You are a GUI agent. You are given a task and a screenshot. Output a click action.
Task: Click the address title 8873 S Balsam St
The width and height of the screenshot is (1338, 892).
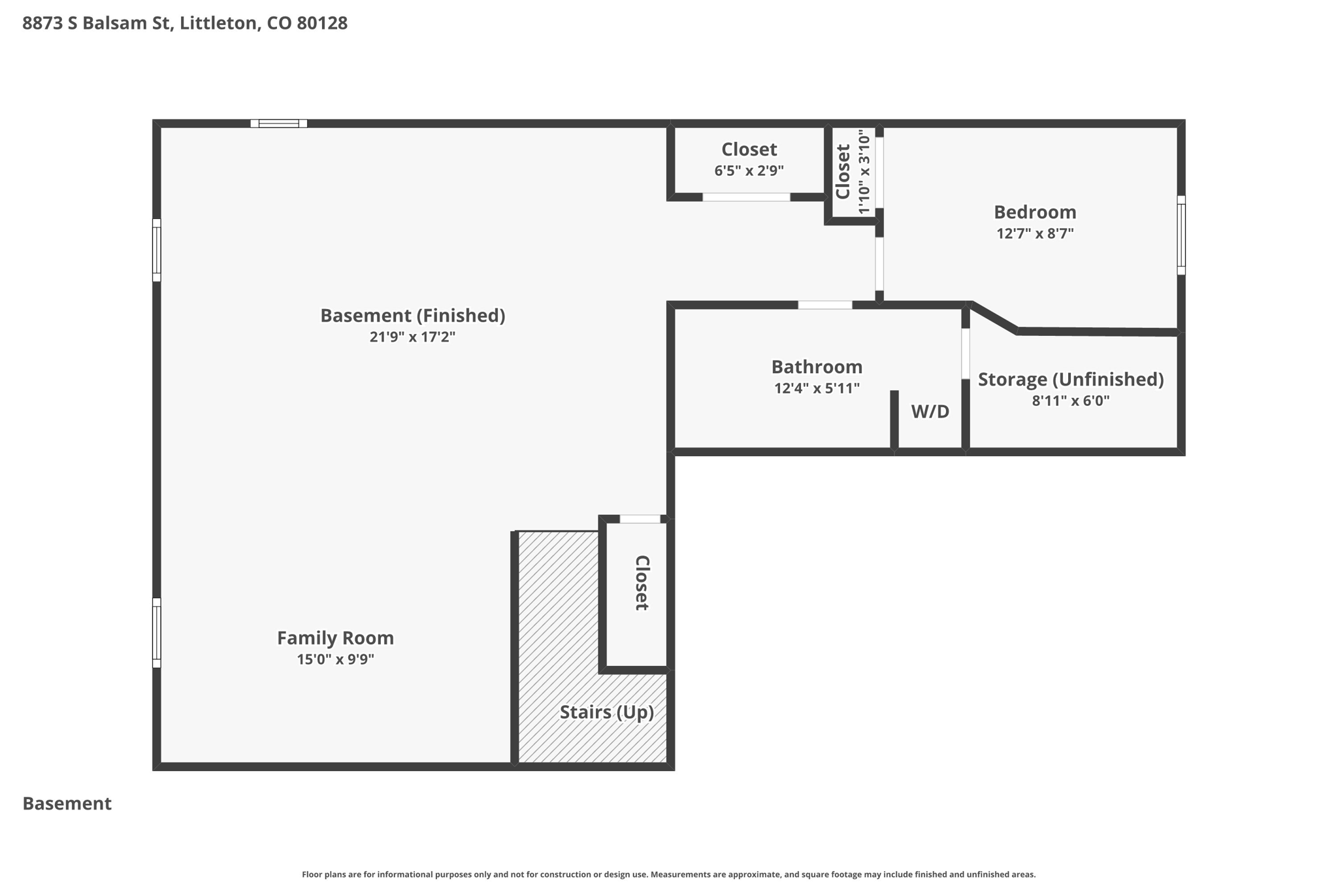click(97, 24)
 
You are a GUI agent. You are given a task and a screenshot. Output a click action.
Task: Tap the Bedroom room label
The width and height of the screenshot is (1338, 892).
click(1035, 212)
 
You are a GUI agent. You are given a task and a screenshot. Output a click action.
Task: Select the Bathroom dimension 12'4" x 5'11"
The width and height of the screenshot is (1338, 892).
click(817, 388)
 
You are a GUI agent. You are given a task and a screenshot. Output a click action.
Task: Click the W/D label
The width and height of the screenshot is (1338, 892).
click(930, 412)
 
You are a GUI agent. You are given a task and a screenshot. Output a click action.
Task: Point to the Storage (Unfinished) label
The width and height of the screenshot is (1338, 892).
click(1071, 380)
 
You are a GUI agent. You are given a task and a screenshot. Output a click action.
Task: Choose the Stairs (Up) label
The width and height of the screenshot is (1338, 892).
click(607, 712)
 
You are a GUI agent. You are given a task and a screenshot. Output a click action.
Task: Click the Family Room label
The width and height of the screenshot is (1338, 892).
click(335, 638)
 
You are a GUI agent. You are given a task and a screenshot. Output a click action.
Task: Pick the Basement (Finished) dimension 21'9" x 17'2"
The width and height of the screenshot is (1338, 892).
click(412, 337)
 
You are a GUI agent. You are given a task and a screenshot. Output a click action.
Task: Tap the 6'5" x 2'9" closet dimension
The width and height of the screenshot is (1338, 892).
click(749, 171)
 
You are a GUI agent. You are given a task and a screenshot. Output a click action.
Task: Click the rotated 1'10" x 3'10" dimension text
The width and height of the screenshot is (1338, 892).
click(864, 172)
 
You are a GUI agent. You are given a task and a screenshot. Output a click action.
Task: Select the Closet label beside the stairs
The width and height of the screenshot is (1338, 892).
click(642, 583)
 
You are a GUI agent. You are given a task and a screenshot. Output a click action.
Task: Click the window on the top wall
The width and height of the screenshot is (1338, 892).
click(279, 124)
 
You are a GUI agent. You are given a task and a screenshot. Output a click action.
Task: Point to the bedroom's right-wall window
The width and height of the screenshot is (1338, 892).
click(1181, 235)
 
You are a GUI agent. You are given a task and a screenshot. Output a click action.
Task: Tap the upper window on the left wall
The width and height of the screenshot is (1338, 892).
click(157, 250)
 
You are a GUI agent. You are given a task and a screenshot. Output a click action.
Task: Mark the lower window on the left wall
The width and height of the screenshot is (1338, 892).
click(157, 633)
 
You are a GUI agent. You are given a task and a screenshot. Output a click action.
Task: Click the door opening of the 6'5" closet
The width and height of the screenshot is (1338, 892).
click(746, 197)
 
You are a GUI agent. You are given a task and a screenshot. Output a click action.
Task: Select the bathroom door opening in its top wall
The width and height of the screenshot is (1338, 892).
click(825, 305)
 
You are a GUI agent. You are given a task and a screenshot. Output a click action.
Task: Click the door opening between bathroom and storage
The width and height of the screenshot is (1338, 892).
click(966, 354)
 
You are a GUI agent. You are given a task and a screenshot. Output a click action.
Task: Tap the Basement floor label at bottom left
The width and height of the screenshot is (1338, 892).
click(67, 804)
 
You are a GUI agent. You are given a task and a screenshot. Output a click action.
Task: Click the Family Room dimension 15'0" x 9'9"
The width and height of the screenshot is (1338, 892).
click(335, 659)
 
